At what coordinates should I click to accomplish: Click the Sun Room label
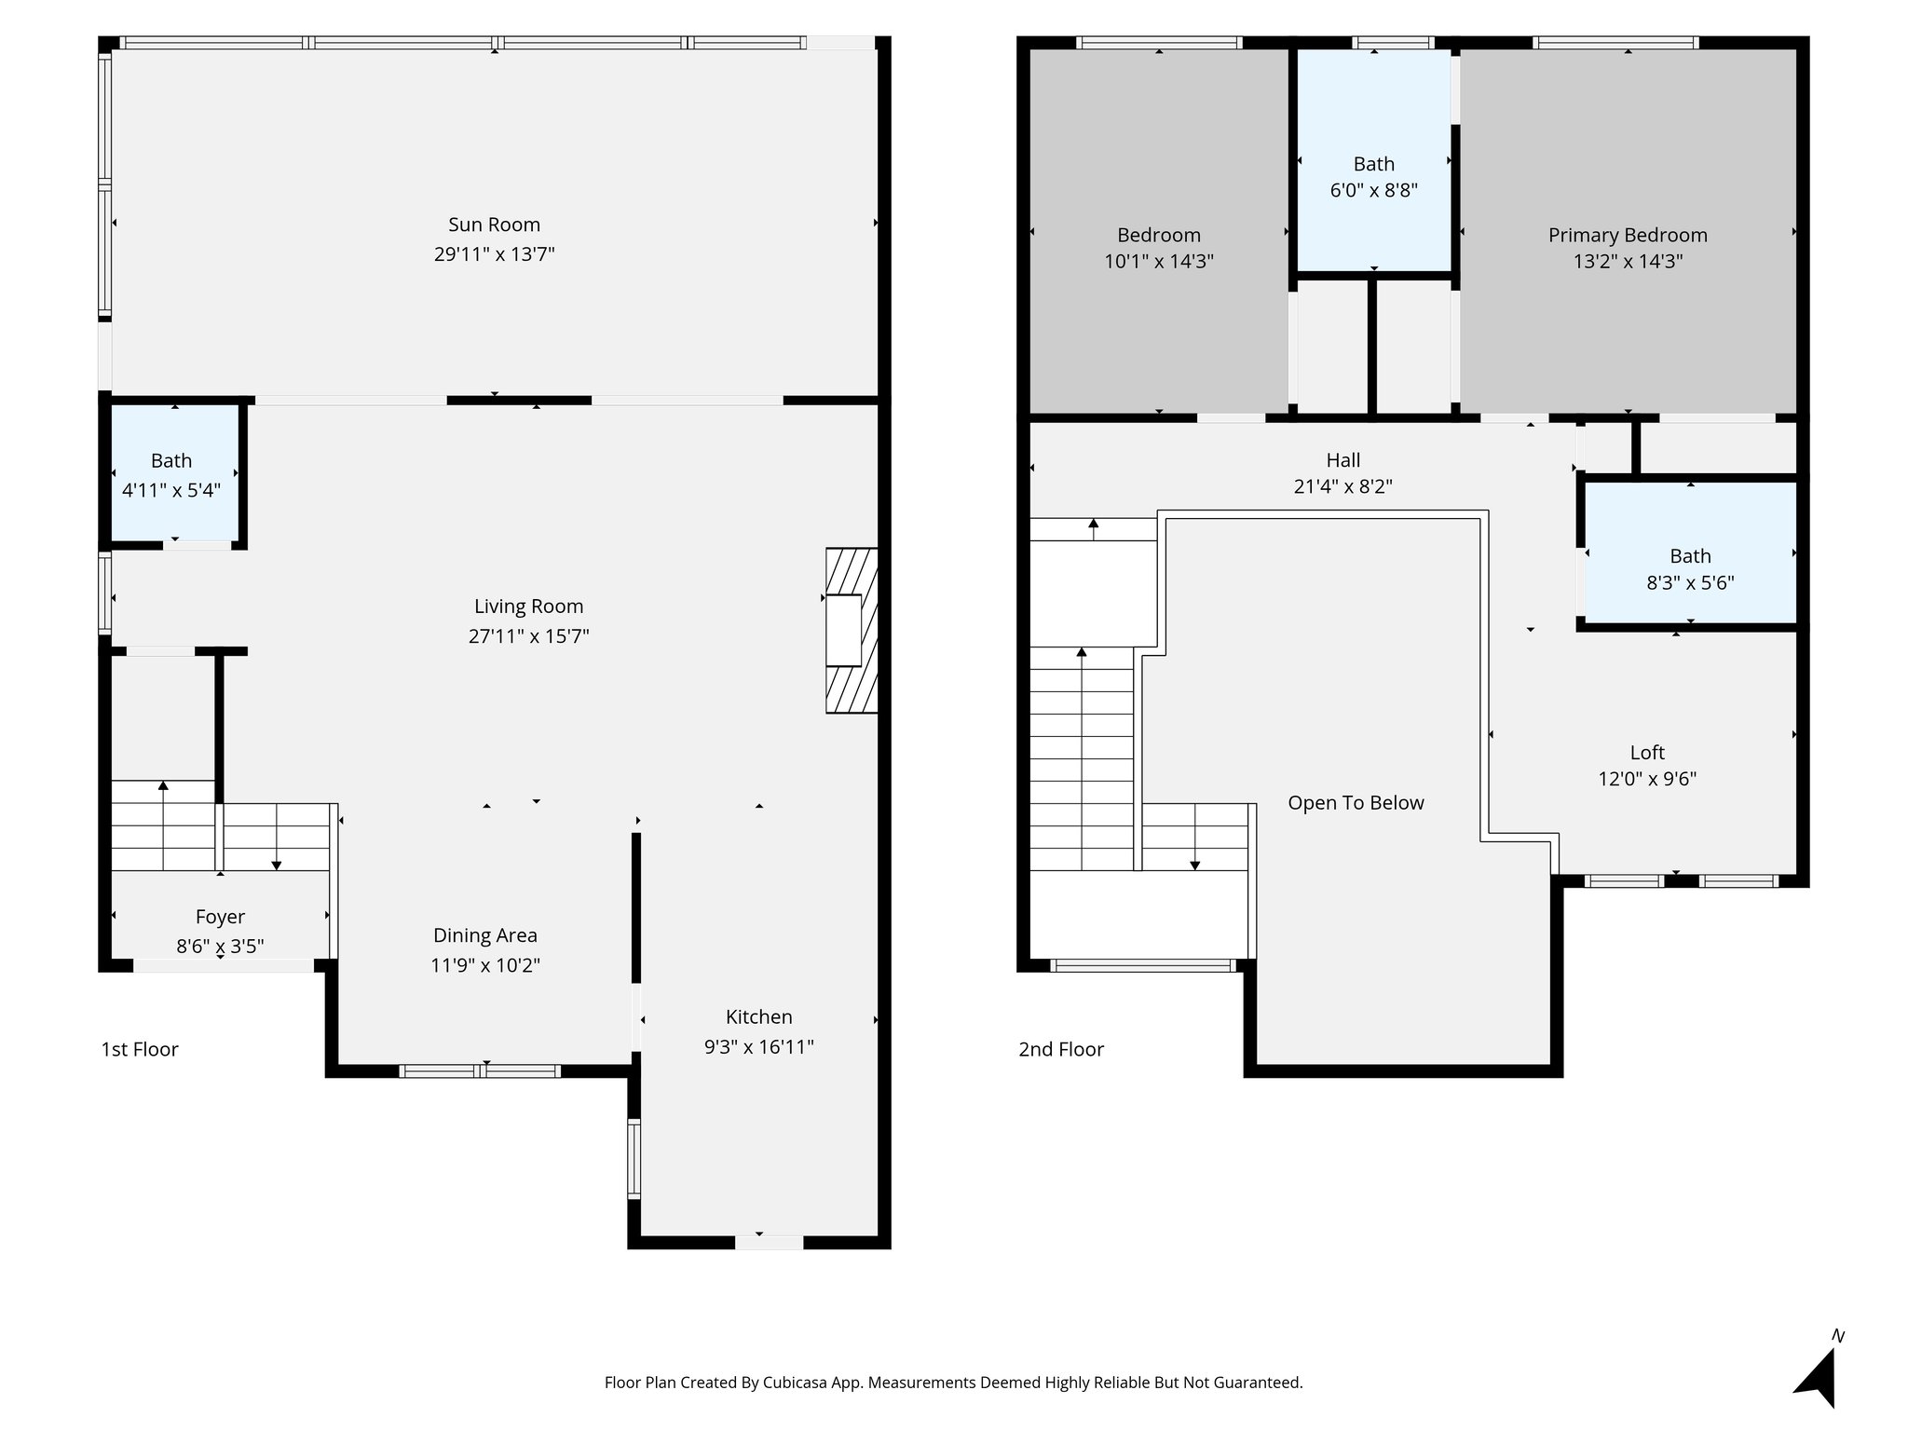(x=494, y=225)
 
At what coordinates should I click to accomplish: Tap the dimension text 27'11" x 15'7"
(x=528, y=636)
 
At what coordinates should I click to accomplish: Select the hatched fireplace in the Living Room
(x=852, y=631)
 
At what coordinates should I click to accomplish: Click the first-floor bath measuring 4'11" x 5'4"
(x=171, y=474)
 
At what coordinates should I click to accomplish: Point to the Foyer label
(x=220, y=917)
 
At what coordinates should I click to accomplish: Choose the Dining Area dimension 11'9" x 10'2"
(x=484, y=965)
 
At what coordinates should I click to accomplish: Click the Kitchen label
(x=758, y=1016)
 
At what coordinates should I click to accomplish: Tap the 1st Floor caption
(x=140, y=1049)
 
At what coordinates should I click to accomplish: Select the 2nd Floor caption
(x=1060, y=1049)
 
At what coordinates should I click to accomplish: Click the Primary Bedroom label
(x=1628, y=235)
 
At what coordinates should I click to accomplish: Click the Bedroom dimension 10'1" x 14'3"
(x=1159, y=262)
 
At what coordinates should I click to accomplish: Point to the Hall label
(x=1342, y=459)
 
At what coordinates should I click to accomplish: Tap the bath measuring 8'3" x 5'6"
(x=1690, y=569)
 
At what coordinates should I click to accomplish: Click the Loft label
(x=1646, y=752)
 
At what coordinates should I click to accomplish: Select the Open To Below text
(x=1356, y=803)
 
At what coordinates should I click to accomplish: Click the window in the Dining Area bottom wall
(x=480, y=1071)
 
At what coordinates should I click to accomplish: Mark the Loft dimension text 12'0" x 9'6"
(x=1646, y=779)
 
